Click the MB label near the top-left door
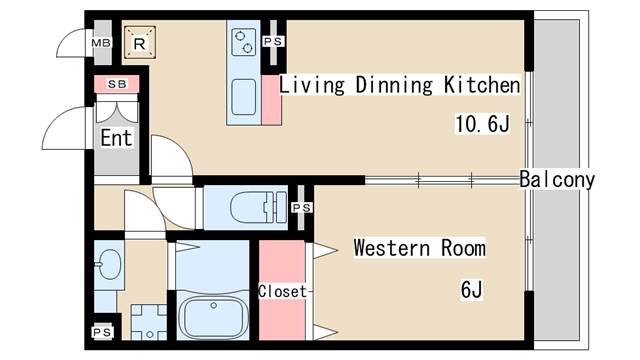pyautogui.click(x=101, y=43)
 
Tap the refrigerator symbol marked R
pyautogui.click(x=140, y=43)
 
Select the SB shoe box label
pyautogui.click(x=117, y=84)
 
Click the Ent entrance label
pyautogui.click(x=116, y=138)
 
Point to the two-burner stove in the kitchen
pyautogui.click(x=244, y=42)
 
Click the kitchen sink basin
pyautogui.click(x=244, y=97)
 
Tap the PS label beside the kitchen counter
pyautogui.click(x=273, y=42)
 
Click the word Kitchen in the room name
pyautogui.click(x=482, y=85)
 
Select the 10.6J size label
pyautogui.click(x=483, y=123)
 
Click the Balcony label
pyautogui.click(x=557, y=180)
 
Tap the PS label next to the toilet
pyautogui.click(x=302, y=208)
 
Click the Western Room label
pyautogui.click(x=420, y=248)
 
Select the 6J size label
pyautogui.click(x=472, y=290)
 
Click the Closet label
pyautogui.click(x=282, y=291)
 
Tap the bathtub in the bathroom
pyautogui.click(x=213, y=317)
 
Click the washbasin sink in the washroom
pyautogui.click(x=109, y=264)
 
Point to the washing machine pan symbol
pyautogui.click(x=149, y=322)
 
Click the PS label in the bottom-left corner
pyautogui.click(x=102, y=332)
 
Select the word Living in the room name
pyautogui.click(x=312, y=85)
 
